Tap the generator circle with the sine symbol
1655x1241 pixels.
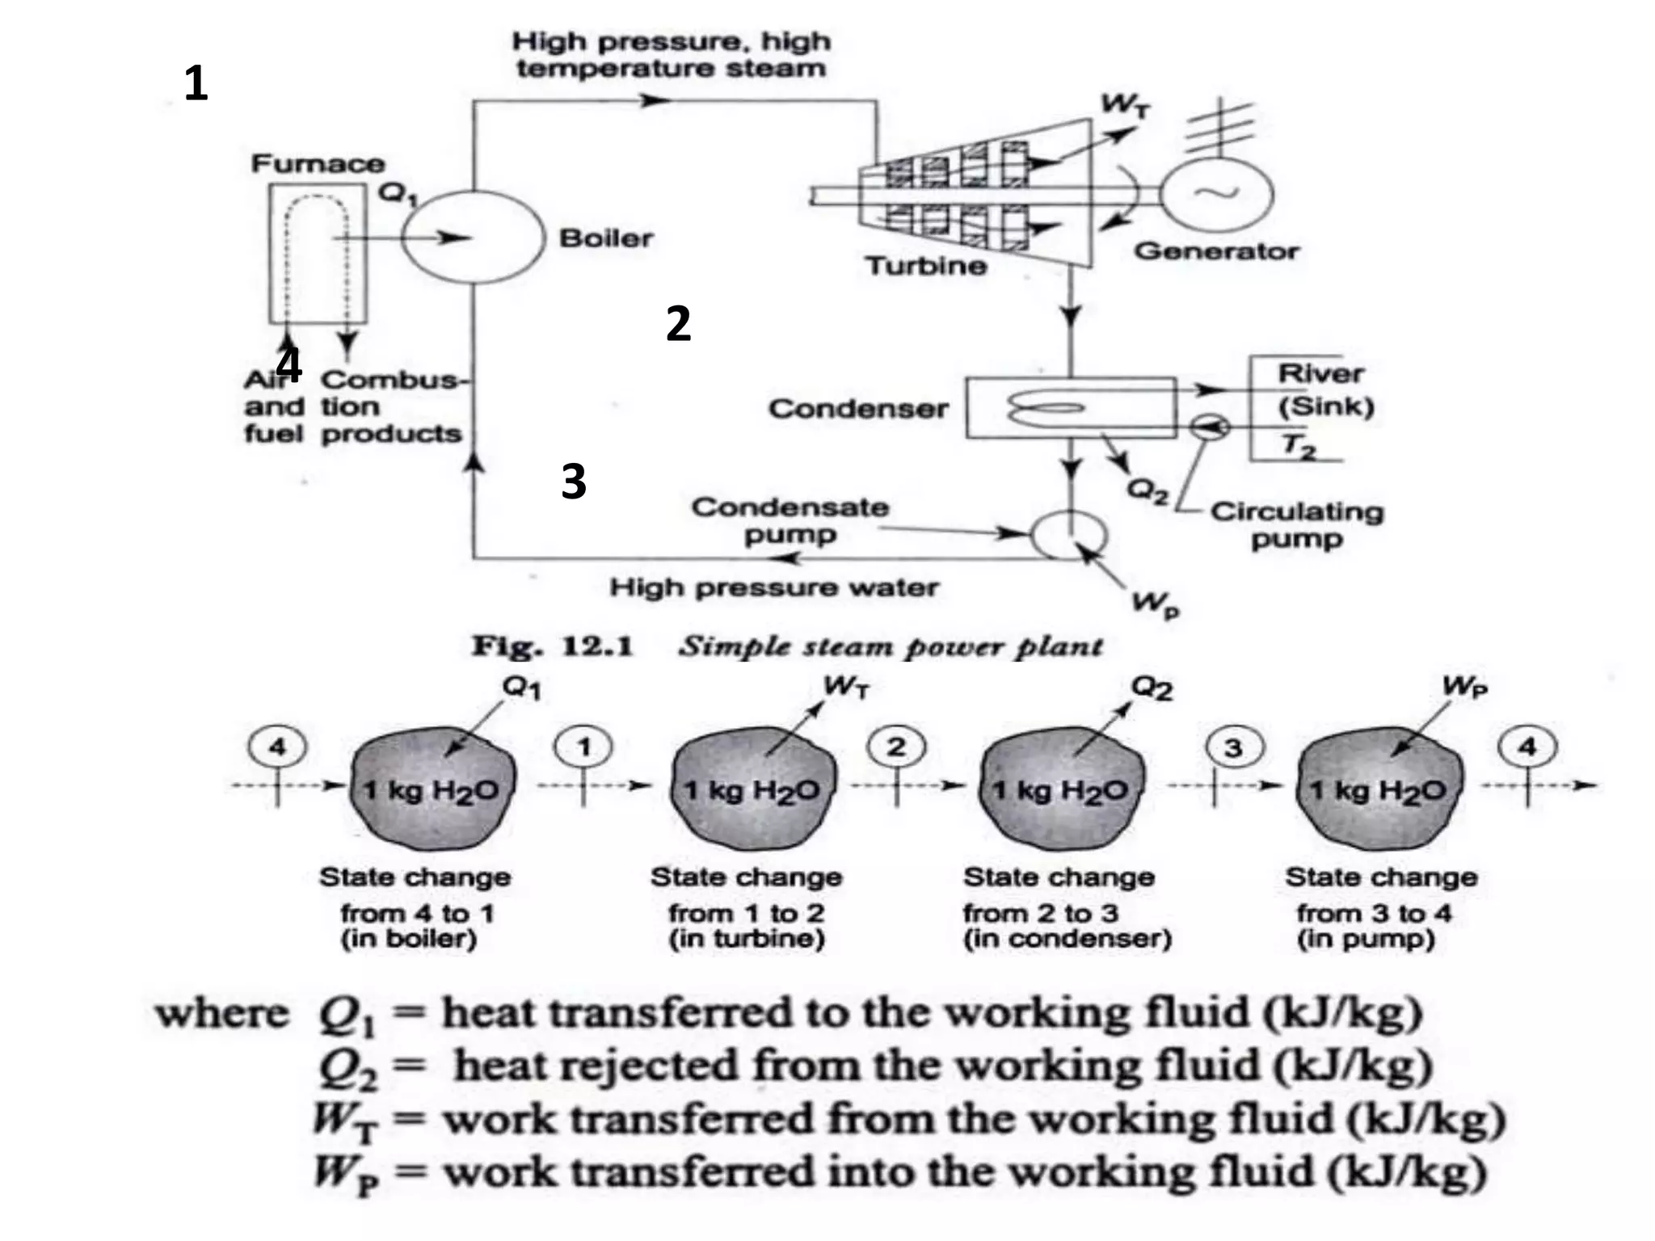tap(1217, 194)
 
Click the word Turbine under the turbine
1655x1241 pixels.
tap(926, 266)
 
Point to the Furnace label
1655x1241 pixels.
tap(318, 164)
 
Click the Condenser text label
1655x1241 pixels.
tap(858, 409)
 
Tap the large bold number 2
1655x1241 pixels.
tap(678, 324)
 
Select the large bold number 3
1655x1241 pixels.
tap(573, 482)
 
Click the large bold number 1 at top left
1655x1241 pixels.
tap(196, 84)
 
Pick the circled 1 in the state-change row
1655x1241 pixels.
tap(583, 747)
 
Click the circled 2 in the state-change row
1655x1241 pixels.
tap(896, 747)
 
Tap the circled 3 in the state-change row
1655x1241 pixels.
tap(1232, 747)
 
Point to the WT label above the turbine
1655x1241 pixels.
tap(1124, 106)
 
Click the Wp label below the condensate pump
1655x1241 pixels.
tap(1156, 604)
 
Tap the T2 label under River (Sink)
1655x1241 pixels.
tap(1299, 446)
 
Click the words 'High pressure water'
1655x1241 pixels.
tap(773, 587)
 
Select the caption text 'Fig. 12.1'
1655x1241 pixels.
tap(553, 646)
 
